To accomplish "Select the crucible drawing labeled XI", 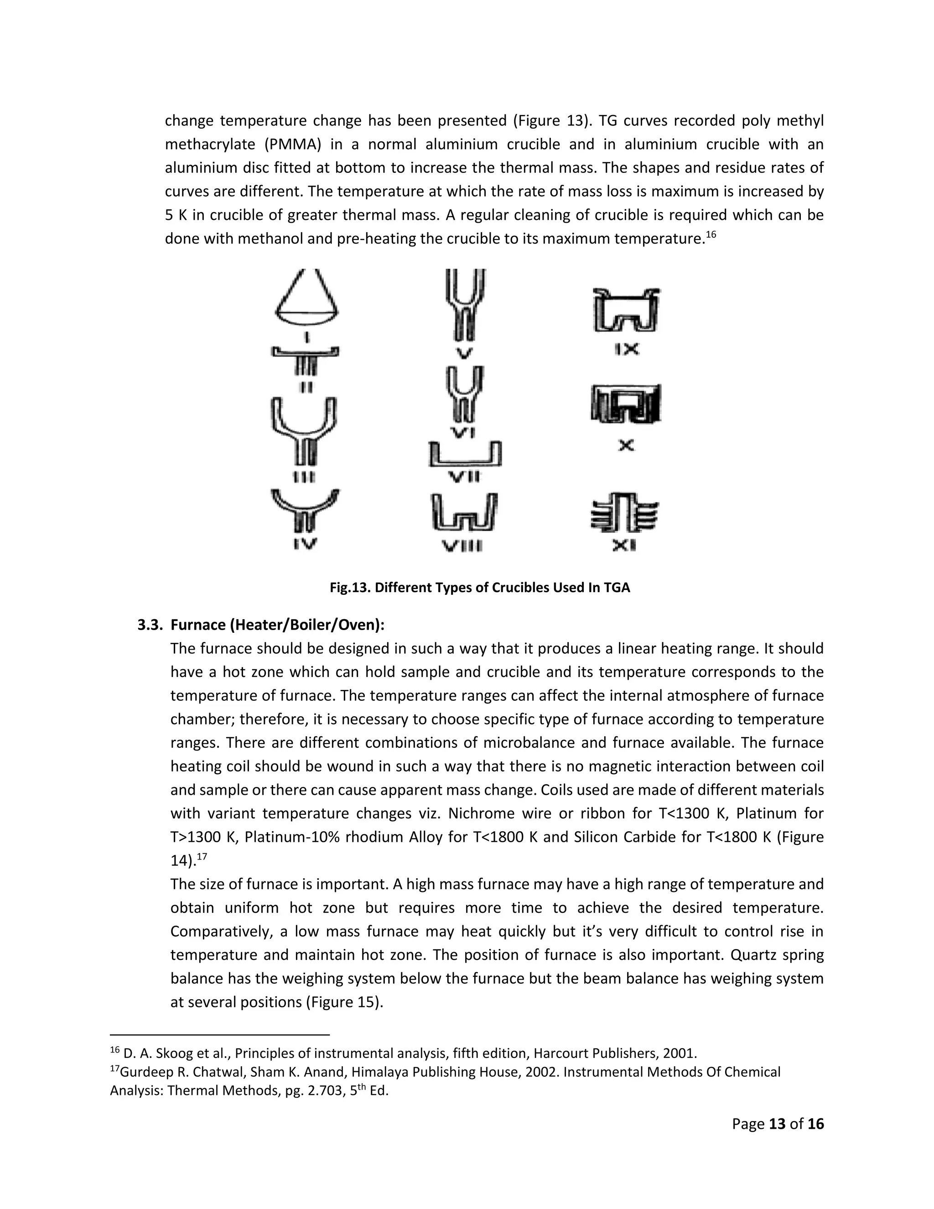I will tap(625, 512).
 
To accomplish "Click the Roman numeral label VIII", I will tap(462, 547).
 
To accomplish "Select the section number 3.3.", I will tap(150, 625).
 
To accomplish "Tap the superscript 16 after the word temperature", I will tap(711, 235).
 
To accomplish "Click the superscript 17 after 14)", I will tap(202, 857).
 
